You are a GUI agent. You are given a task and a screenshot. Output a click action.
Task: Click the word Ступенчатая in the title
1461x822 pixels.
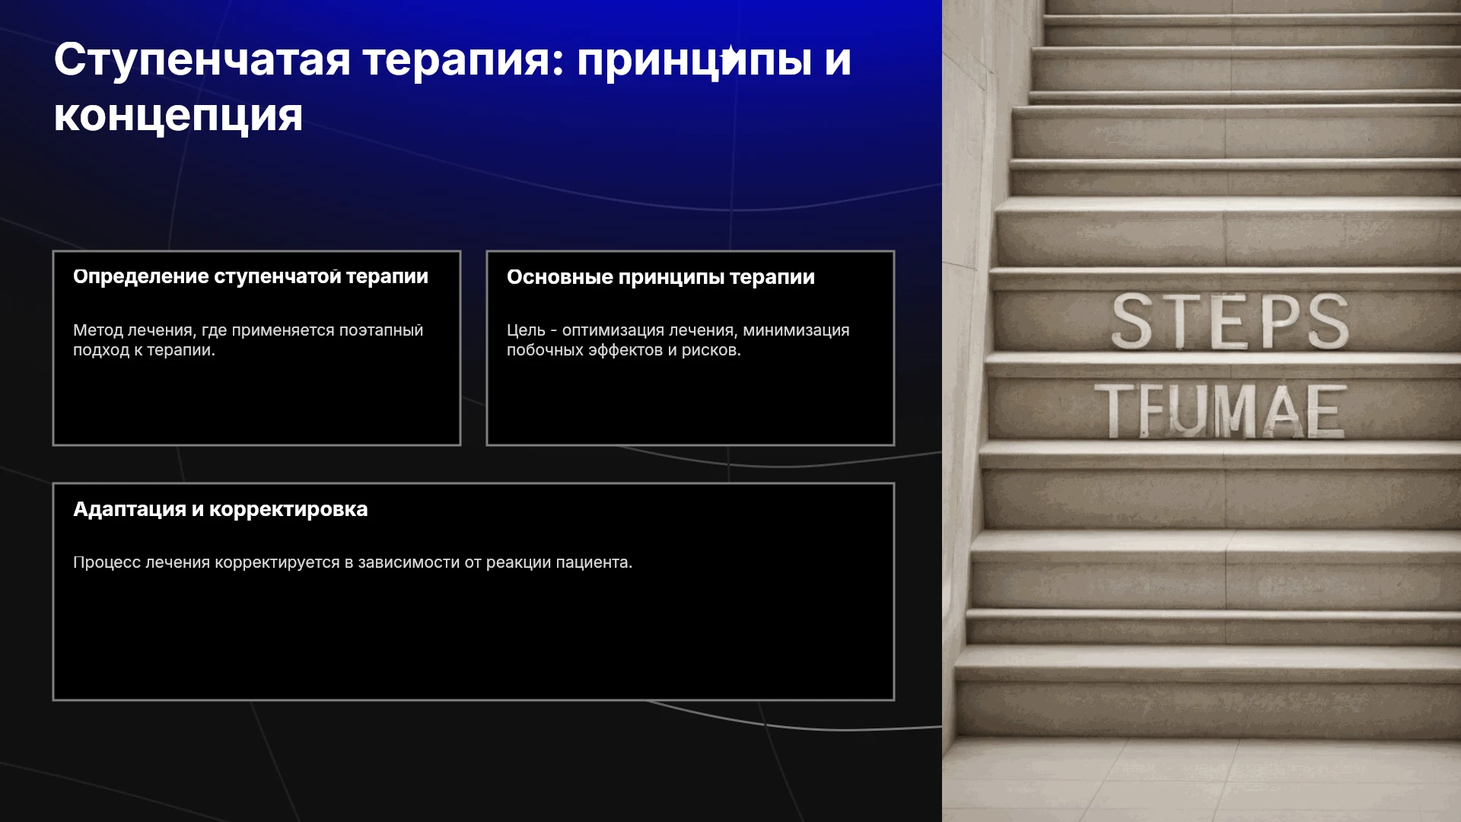(202, 60)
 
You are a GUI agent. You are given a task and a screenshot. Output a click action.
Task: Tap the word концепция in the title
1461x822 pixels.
(178, 116)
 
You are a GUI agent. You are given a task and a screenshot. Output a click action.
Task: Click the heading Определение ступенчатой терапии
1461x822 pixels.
(250, 276)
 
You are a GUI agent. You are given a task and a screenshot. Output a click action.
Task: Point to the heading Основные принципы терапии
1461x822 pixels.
(660, 277)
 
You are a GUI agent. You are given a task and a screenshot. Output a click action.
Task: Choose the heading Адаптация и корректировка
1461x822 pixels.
(220, 509)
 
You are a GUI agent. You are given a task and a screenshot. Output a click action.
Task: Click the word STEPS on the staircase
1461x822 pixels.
(1230, 322)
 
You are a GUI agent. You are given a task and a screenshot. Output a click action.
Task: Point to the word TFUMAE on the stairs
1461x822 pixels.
(1221, 411)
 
